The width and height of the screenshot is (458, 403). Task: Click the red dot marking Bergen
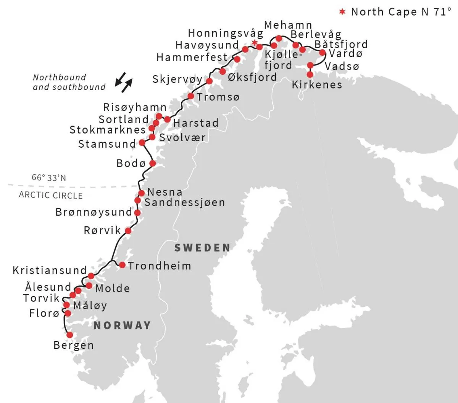pos(69,335)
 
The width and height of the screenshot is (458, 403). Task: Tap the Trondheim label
pos(160,266)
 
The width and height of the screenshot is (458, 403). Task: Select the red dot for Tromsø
pos(191,96)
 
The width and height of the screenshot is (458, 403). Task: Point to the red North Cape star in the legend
pos(342,12)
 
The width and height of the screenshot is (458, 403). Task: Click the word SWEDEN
pos(203,248)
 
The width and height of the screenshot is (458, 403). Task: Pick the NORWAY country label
pos(123,326)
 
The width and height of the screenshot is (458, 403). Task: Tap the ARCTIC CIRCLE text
pos(51,195)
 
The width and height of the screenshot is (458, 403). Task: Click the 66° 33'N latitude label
pos(49,178)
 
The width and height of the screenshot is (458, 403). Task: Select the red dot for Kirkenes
pos(310,74)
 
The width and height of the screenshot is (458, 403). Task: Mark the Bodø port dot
pos(152,163)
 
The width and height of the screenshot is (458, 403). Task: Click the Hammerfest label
pos(192,57)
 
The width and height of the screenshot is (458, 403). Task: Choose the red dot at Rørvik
pos(128,231)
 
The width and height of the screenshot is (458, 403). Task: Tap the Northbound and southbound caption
pos(69,82)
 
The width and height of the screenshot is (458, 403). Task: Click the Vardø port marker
pos(322,53)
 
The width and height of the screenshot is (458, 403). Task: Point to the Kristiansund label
pos(50,271)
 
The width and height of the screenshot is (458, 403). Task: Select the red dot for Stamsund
pos(142,142)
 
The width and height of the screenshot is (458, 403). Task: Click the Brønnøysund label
pos(94,212)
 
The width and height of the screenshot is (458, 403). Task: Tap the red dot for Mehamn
pos(279,38)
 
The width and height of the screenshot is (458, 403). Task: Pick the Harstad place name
pos(196,123)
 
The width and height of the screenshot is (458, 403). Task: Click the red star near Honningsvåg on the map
pos(254,42)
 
